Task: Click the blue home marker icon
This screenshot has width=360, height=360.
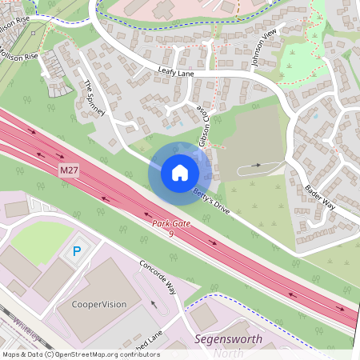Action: click(x=179, y=173)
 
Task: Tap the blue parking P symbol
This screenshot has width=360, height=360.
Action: click(x=77, y=251)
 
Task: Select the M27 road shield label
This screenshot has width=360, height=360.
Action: click(x=69, y=171)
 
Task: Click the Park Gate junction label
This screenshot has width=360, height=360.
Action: click(x=172, y=223)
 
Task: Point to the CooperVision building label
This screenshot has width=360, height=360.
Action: click(x=100, y=304)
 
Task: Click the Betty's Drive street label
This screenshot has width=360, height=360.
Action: click(x=212, y=198)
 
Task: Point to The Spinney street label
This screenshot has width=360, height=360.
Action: click(x=95, y=98)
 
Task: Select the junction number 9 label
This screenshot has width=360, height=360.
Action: click(x=171, y=234)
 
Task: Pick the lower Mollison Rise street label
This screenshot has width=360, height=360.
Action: click(x=19, y=57)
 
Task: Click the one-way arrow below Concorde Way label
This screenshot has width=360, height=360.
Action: click(x=154, y=303)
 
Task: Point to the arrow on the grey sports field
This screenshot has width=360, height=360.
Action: click(x=255, y=165)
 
